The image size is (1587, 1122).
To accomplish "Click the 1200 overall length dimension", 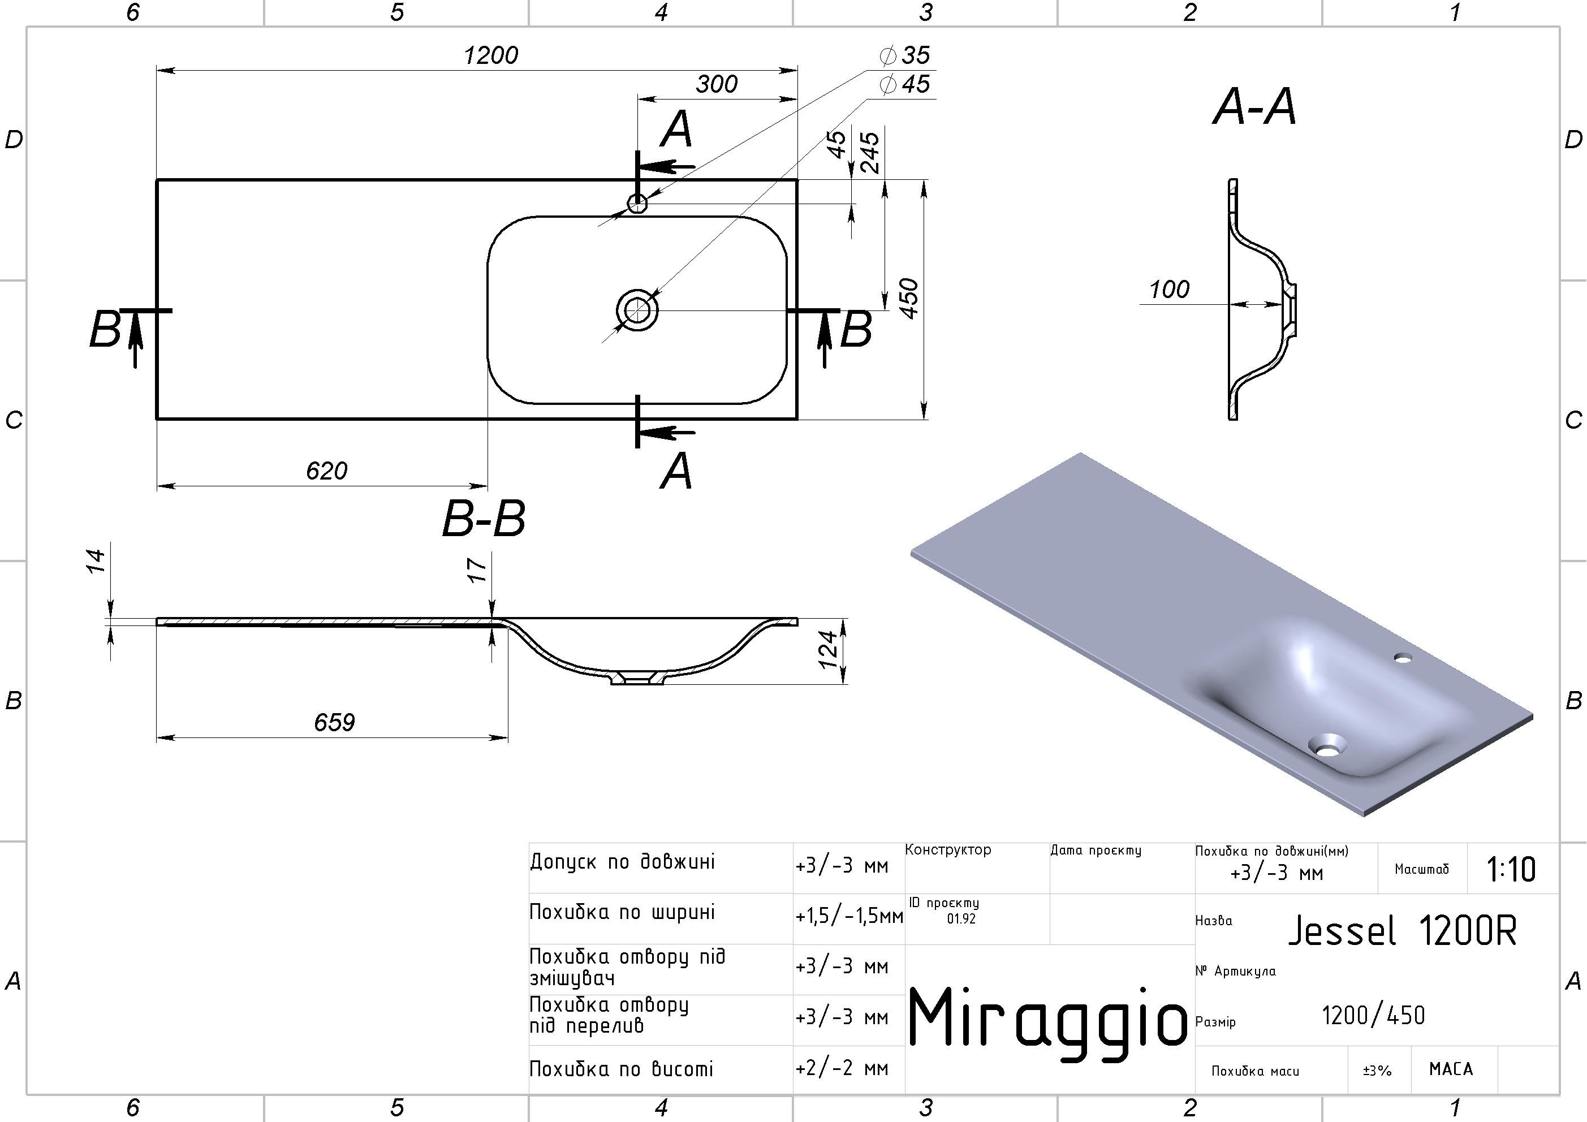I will pos(491,55).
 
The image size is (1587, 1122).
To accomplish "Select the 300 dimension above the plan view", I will pos(717,84).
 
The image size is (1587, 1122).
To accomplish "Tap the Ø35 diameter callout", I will pos(905,55).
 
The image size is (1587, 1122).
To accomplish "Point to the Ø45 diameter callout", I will pos(905,84).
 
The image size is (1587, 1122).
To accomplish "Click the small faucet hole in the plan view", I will pos(637,203).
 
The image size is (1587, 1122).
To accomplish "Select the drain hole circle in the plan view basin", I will pos(637,310).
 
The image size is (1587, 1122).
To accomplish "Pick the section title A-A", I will pos(1254,108).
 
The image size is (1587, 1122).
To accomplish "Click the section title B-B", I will pos(483,519).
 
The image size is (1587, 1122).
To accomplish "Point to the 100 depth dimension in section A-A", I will pos(1169,290).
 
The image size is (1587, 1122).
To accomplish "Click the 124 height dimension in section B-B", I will pos(829,649).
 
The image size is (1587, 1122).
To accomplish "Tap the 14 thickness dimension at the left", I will pos(96,560).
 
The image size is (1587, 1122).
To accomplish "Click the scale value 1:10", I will pos(1511,870).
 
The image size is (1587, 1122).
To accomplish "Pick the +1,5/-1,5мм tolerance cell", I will pos(849,917).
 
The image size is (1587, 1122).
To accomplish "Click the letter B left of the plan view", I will pos(105,330).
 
